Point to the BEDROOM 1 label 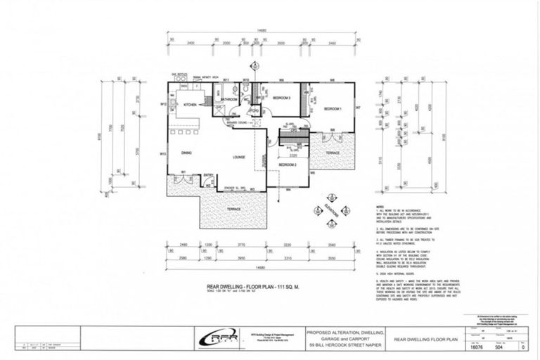tap(333, 109)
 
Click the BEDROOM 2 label tap(288, 165)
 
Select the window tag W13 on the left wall tap(162, 154)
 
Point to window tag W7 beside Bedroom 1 tap(358, 108)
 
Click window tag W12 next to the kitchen tap(162, 104)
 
